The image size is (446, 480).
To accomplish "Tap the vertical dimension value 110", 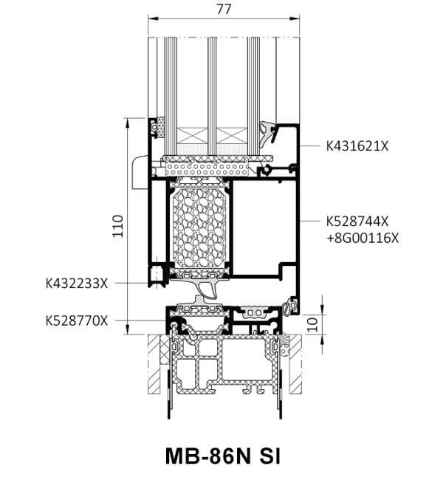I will [117, 224].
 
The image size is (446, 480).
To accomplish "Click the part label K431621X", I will [357, 146].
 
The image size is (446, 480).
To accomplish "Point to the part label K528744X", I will [357, 222].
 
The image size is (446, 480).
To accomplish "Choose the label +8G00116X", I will [362, 237].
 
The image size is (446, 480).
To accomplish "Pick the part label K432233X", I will [77, 282].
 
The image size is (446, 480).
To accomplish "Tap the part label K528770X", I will [77, 320].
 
